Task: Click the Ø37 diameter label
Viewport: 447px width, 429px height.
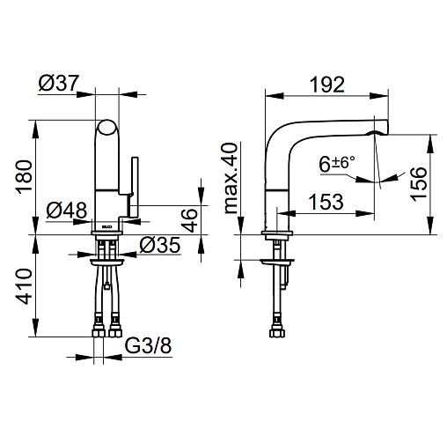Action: [x=59, y=83]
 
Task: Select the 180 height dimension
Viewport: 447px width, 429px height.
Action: [x=24, y=177]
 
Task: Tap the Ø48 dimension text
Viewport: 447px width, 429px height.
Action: [x=67, y=211]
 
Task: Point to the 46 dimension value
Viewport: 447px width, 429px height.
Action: [x=189, y=220]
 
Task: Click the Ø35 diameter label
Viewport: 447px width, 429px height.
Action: [x=160, y=245]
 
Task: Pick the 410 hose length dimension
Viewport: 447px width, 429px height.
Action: [x=24, y=286]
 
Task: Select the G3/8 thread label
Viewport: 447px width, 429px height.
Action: [x=148, y=345]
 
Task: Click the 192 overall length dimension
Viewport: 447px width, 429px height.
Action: [x=327, y=85]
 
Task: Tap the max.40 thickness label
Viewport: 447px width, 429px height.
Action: [x=231, y=178]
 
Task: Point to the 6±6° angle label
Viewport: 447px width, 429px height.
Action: [x=337, y=164]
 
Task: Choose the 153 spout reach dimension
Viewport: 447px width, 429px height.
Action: [x=326, y=202]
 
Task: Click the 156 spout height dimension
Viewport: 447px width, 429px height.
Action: [x=419, y=184]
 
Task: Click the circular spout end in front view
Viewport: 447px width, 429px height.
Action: [x=106, y=127]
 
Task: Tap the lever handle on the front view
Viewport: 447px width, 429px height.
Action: [x=135, y=188]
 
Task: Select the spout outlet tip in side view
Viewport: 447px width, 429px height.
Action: [x=381, y=127]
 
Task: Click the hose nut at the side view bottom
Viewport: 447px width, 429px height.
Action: [x=277, y=333]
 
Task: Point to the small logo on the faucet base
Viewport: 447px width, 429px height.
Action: [x=106, y=226]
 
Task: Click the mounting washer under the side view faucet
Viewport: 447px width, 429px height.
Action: [x=277, y=262]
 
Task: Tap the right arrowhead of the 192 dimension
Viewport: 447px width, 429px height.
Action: [x=379, y=96]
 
